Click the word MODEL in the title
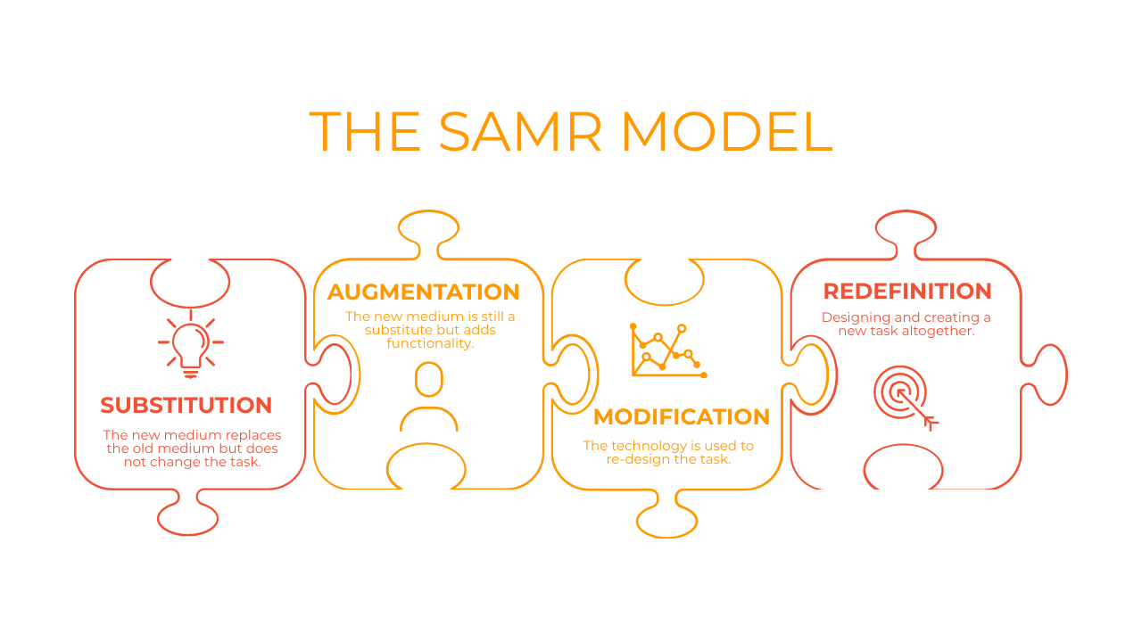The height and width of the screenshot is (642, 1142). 726,132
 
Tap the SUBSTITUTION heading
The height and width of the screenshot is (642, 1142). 186,405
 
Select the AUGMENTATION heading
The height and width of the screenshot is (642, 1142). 423,292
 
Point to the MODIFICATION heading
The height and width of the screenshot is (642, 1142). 682,416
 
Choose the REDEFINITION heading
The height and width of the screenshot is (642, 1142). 907,291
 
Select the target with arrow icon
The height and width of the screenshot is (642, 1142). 904,396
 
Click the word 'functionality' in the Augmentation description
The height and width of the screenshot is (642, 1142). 429,343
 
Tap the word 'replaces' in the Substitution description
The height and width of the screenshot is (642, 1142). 253,435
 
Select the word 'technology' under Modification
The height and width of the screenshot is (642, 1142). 649,446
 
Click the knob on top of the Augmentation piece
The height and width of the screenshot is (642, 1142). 428,228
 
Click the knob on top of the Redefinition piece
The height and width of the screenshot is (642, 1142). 906,228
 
